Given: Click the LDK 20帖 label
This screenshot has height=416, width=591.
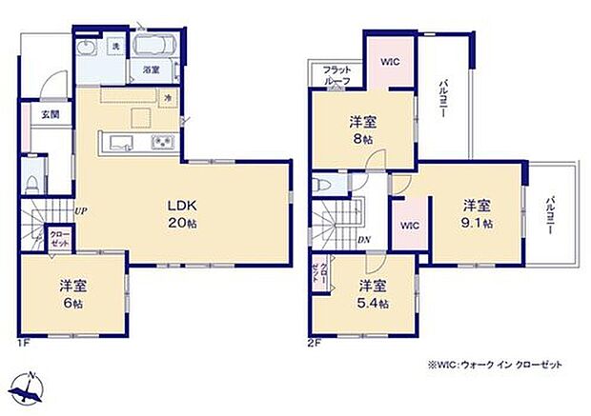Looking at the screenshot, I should click(x=183, y=214).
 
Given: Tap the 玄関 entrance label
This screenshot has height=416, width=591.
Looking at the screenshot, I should click(x=50, y=115).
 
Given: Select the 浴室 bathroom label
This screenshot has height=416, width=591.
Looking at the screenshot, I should click(x=152, y=70).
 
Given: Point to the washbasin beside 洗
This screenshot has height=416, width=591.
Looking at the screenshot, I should click(x=89, y=50).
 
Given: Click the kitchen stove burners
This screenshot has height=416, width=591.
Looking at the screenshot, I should click(x=160, y=144).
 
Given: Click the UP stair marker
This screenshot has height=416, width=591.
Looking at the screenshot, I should click(x=81, y=211).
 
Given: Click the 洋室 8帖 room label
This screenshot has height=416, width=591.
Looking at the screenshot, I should click(x=359, y=129).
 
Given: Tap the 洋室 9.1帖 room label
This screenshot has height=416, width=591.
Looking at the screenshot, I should click(x=478, y=213).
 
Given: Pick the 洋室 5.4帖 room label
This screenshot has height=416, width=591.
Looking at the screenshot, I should click(x=372, y=293).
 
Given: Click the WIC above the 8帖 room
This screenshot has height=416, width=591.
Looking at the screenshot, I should click(x=389, y=62).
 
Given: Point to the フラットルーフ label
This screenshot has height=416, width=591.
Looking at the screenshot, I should click(x=336, y=75).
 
